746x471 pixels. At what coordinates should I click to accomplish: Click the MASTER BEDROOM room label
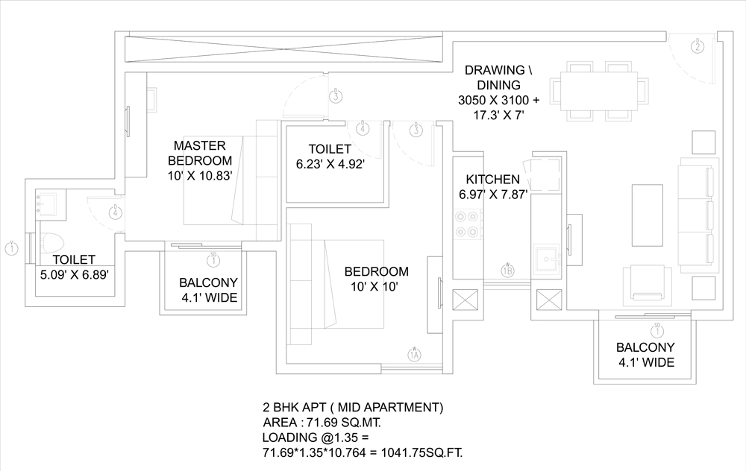pyautogui.click(x=200, y=152)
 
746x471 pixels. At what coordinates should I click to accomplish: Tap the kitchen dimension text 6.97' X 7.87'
pyautogui.click(x=493, y=195)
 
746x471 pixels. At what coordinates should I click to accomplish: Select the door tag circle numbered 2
pyautogui.click(x=698, y=47)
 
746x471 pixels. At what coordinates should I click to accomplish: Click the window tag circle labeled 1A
pyautogui.click(x=415, y=355)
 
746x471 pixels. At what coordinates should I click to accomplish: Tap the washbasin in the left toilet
pyautogui.click(x=48, y=202)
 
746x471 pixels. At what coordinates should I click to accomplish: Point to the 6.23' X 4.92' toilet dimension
pyautogui.click(x=330, y=165)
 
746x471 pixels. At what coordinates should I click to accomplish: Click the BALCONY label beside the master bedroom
pyautogui.click(x=208, y=282)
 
